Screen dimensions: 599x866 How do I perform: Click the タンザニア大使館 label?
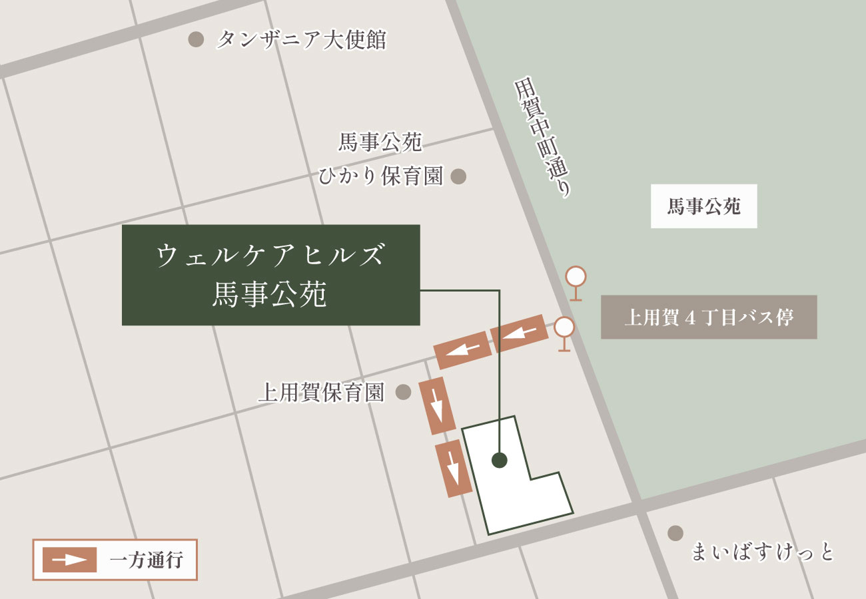[301, 40]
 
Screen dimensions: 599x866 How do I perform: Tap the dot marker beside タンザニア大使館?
[195, 40]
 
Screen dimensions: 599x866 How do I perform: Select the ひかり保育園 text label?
[380, 176]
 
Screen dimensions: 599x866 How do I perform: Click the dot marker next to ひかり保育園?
[458, 176]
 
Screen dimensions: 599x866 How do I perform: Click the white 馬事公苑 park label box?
[703, 206]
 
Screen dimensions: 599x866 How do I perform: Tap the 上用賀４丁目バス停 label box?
[708, 317]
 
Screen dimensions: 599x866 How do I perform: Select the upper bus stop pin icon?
[576, 277]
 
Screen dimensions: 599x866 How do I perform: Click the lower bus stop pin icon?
[564, 327]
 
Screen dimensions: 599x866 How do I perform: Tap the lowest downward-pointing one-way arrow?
[453, 469]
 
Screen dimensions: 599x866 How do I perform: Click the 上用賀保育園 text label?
[322, 393]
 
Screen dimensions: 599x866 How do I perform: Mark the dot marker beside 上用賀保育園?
[403, 392]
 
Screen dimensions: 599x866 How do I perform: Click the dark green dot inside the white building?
[499, 460]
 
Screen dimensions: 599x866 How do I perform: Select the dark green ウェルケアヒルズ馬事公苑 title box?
[270, 275]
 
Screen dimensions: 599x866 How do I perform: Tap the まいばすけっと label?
[762, 552]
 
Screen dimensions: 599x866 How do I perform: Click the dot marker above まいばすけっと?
[675, 533]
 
